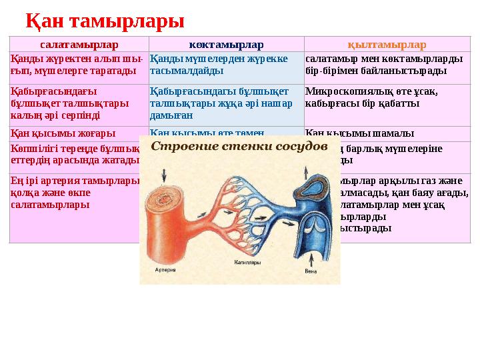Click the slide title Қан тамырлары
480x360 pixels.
[105, 21]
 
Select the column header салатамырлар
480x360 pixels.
[79, 45]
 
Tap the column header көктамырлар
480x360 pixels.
[226, 45]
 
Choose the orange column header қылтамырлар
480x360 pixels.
[387, 45]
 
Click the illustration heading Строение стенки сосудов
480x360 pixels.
[239, 147]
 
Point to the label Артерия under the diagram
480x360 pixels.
[165, 271]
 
